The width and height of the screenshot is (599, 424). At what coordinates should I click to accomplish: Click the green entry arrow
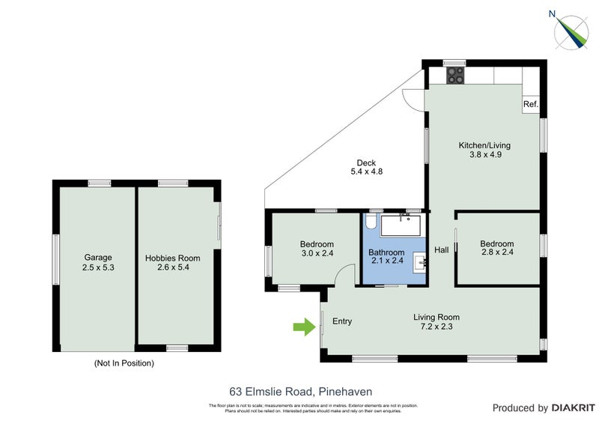click(x=302, y=327)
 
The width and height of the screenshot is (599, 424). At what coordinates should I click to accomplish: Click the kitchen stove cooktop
click(x=454, y=76)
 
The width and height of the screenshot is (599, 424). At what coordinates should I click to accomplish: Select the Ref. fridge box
click(x=530, y=104)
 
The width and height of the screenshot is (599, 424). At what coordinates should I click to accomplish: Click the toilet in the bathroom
click(x=371, y=223)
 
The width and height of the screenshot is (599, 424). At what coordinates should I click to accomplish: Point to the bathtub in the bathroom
click(x=402, y=224)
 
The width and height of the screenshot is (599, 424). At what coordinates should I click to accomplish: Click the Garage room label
click(x=97, y=258)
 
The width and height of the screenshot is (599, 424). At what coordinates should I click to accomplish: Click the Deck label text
click(x=366, y=163)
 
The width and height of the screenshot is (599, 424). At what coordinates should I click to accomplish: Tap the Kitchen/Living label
click(x=484, y=145)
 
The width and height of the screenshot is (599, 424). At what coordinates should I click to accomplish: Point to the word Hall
click(x=442, y=249)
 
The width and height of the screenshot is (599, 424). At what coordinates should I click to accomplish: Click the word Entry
click(x=341, y=321)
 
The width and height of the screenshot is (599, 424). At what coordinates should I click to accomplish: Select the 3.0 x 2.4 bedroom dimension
click(x=317, y=253)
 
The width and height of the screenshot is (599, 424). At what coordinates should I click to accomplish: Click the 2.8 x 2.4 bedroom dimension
click(x=497, y=253)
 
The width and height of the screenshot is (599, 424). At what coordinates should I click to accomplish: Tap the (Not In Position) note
click(x=124, y=363)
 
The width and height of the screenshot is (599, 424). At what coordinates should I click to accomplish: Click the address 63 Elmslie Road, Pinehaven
click(x=300, y=390)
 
